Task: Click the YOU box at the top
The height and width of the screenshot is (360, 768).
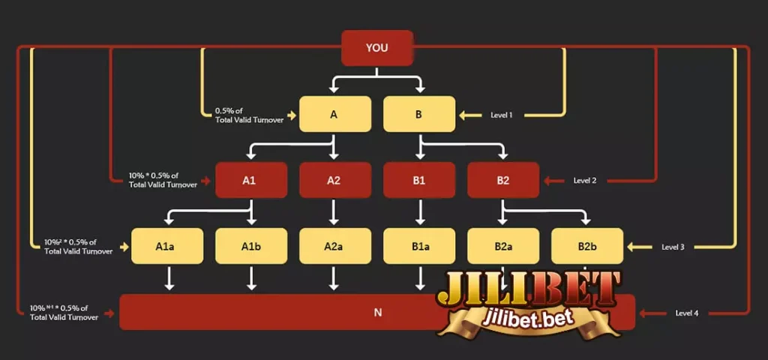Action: point(377,48)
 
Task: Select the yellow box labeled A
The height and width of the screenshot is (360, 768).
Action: point(335,115)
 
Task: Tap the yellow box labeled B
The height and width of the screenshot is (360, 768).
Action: point(419,115)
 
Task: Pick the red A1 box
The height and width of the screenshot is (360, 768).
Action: point(251,181)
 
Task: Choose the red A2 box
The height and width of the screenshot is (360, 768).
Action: point(335,181)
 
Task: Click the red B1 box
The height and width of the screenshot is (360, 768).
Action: point(419,181)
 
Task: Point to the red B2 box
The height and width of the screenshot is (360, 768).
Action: point(503,181)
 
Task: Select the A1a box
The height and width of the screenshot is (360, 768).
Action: point(167,246)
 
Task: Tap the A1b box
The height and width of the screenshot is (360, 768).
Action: point(251,246)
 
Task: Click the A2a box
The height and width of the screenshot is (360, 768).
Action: point(335,246)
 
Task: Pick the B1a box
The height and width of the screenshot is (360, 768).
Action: point(419,246)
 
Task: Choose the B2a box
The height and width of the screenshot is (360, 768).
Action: point(503,246)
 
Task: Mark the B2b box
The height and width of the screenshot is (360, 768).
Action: point(587,246)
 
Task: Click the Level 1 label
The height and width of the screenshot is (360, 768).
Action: point(502,115)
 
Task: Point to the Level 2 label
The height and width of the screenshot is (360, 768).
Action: point(586,181)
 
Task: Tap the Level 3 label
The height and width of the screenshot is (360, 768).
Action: point(673,247)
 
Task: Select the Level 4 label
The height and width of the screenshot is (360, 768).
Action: point(687,313)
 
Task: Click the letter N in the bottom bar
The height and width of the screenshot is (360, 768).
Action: point(377,313)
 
